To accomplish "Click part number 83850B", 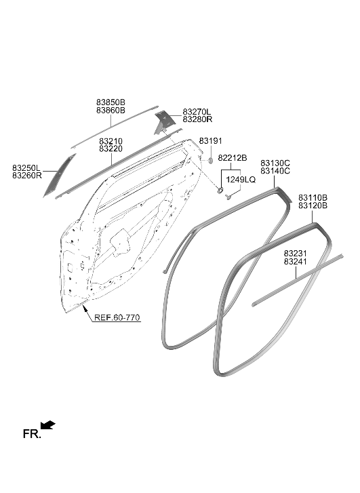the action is tap(111, 102).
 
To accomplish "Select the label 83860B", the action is tap(111, 111).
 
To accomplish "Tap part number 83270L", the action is tap(197, 112).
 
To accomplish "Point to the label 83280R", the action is tap(197, 119).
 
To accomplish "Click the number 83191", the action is tap(211, 141).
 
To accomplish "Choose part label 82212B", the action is tap(233, 158).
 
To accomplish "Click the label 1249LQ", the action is tap(241, 180).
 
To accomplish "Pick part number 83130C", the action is tap(275, 163).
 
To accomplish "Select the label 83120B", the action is tap(313, 205).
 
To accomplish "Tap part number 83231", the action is tap(295, 254).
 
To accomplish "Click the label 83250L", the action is tap(26, 168).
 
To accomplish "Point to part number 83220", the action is tap(111, 149).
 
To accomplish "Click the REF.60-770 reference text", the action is tap(117, 317).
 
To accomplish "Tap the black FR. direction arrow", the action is tap(47, 425).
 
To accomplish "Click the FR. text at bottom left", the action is tap(32, 434).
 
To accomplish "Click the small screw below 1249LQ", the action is tap(228, 197).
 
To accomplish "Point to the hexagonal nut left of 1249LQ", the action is tap(220, 190).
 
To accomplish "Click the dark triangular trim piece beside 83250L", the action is tap(59, 176).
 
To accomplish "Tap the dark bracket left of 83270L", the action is tap(164, 122).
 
